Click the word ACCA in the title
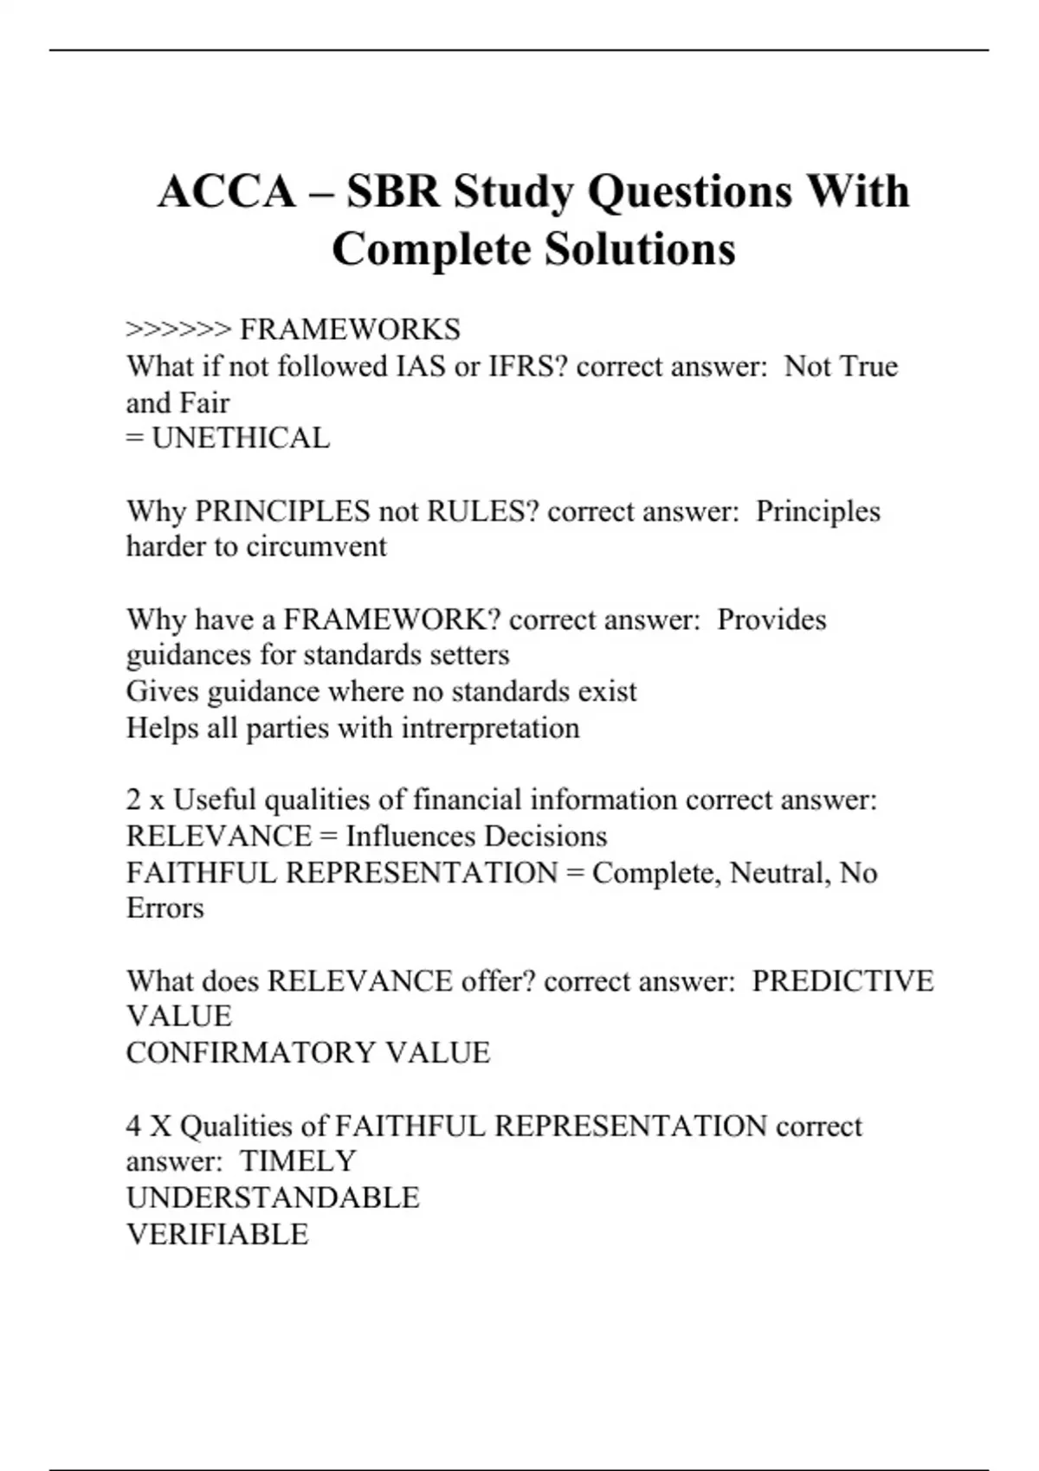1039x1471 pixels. [227, 191]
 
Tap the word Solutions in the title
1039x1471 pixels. [640, 249]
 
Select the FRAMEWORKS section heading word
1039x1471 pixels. [350, 330]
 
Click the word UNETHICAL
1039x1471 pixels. [241, 438]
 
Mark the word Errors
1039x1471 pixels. [165, 908]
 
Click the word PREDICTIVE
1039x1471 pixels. [842, 980]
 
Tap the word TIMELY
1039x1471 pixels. [298, 1160]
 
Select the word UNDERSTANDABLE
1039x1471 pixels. [273, 1198]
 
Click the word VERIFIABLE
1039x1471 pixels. [217, 1234]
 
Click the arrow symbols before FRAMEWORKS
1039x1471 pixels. [178, 330]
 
